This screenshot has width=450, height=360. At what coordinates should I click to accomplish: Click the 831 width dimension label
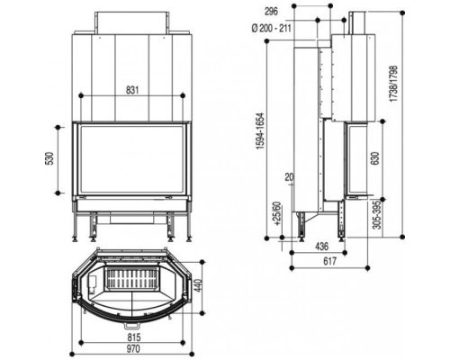coord(132,90)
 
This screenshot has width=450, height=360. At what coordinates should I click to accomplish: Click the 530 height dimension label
coord(49,158)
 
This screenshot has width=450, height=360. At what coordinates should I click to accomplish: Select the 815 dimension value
coord(134,337)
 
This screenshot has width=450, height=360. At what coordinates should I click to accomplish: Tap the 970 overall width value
coord(133,349)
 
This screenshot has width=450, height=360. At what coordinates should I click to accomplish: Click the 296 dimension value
coord(271,11)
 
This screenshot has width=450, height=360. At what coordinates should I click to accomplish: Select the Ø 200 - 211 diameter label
coord(271,28)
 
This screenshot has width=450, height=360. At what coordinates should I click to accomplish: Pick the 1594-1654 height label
coord(260,131)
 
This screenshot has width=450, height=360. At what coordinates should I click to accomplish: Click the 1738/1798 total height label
coord(393,84)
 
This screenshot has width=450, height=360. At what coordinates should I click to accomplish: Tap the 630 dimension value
coord(375,158)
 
